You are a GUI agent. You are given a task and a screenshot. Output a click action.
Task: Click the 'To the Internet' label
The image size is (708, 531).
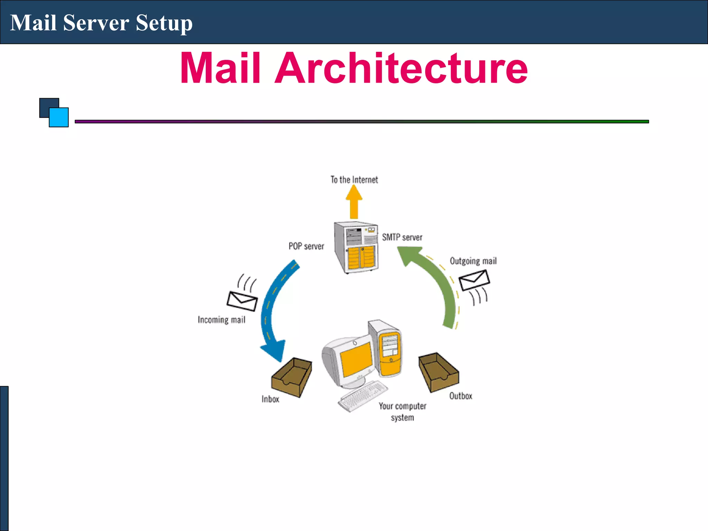(x=354, y=180)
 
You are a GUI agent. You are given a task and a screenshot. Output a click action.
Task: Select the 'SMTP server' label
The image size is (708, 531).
(x=402, y=237)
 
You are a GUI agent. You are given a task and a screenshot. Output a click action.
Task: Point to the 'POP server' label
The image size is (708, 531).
(x=306, y=246)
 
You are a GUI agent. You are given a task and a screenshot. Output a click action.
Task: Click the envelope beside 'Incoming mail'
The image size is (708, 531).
(x=242, y=301)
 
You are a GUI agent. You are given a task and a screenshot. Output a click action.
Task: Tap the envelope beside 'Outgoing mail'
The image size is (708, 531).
(x=474, y=280)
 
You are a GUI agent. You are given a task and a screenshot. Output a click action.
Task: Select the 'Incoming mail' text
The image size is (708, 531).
(x=222, y=320)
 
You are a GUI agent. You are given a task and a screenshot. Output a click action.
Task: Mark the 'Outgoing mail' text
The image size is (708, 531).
(x=473, y=261)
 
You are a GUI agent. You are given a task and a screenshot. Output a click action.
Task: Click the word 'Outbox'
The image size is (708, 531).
(x=460, y=396)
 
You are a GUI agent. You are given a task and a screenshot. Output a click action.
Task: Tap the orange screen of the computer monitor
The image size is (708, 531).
(x=356, y=360)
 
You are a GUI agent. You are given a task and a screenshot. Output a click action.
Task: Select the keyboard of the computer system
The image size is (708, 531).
(x=363, y=396)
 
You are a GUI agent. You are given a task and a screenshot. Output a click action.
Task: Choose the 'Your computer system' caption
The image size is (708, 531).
(x=402, y=412)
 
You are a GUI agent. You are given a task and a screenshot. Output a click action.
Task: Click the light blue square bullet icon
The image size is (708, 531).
(x=59, y=118)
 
